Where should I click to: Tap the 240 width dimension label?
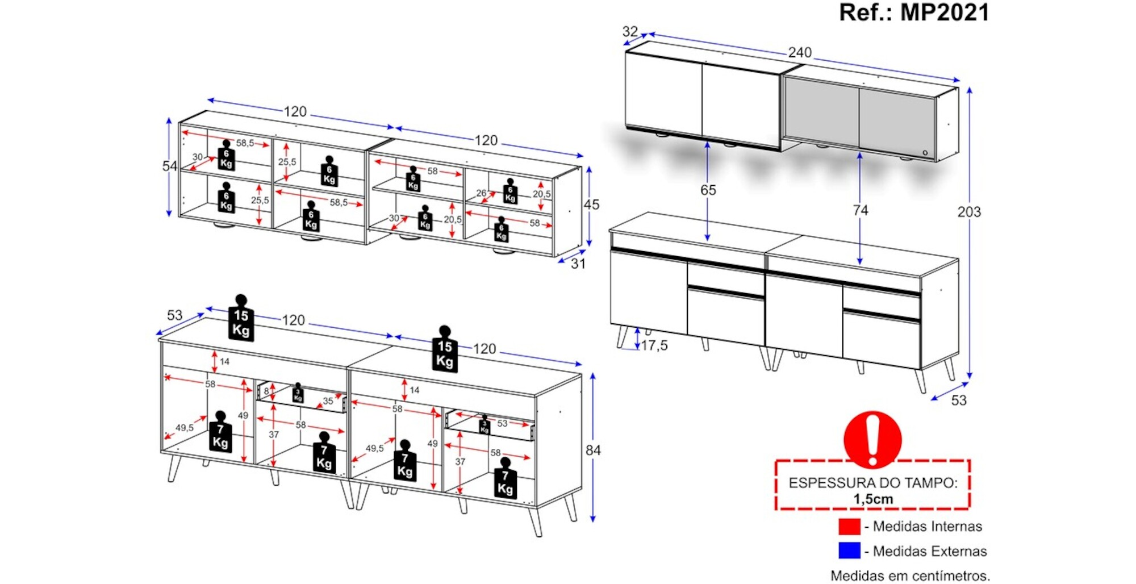[x=799, y=52]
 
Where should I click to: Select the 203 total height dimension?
[x=968, y=212]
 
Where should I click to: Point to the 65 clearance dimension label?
[x=708, y=190]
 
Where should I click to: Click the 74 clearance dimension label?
[x=860, y=210]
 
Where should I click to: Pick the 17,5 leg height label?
[x=654, y=345]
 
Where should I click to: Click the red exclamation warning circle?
[x=872, y=439]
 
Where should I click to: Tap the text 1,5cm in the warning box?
[x=873, y=499]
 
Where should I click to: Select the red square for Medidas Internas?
[x=849, y=527]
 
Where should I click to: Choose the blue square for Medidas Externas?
[x=849, y=551]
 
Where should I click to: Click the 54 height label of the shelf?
[x=169, y=166]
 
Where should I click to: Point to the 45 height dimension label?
[x=591, y=205]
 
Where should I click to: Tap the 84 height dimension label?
[x=593, y=450]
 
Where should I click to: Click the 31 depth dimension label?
[x=578, y=264]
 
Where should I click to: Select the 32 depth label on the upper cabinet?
[x=630, y=31]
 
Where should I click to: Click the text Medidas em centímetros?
[x=910, y=575]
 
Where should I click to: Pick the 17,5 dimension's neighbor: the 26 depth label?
[x=481, y=193]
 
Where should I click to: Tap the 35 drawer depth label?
[x=328, y=401]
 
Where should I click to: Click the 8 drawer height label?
[x=266, y=391]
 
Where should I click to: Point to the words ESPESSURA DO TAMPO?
[x=873, y=483]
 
